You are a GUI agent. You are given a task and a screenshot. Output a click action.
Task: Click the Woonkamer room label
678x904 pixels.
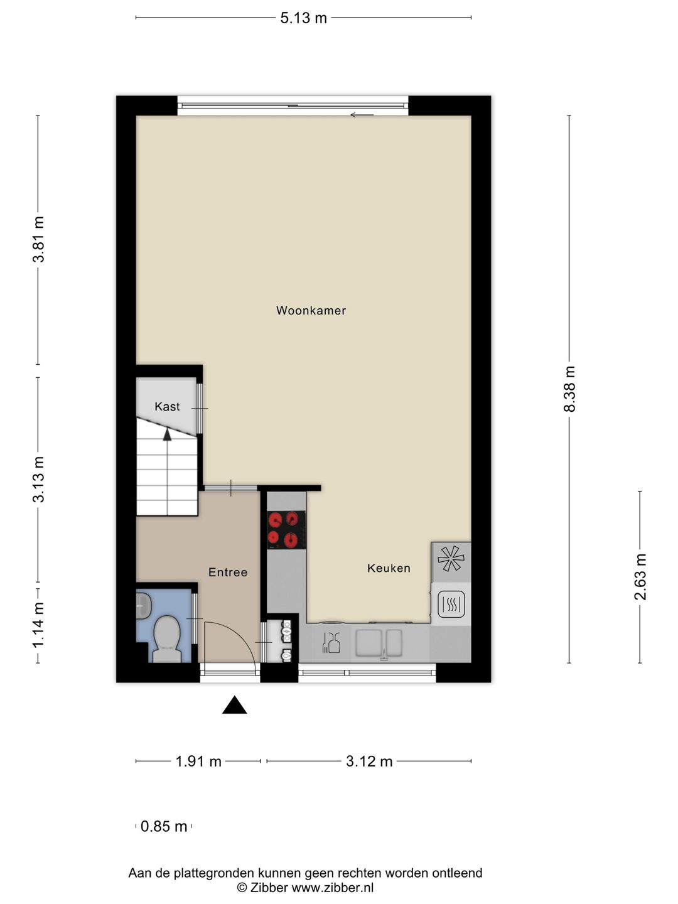click(x=311, y=311)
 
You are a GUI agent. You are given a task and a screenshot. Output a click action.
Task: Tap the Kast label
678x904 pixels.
click(x=167, y=407)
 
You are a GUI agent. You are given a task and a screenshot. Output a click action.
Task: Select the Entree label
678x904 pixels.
click(x=228, y=572)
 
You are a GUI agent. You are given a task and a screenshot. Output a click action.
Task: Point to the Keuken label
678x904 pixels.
click(x=389, y=568)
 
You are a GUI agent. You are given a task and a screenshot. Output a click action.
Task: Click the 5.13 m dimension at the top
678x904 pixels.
click(x=303, y=18)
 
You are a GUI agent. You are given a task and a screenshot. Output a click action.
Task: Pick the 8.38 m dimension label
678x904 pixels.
click(x=569, y=389)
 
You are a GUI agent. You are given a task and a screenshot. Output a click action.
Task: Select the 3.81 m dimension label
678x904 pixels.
click(x=38, y=239)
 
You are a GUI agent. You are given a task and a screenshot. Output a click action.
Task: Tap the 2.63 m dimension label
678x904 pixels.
click(x=640, y=577)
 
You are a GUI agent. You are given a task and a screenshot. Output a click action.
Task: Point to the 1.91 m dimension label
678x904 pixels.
click(x=198, y=761)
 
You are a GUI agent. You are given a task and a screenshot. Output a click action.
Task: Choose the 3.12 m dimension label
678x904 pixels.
click(x=369, y=761)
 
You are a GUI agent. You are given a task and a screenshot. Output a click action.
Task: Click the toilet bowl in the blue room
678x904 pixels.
click(x=167, y=638)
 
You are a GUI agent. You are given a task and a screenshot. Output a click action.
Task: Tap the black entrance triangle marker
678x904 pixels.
click(x=235, y=705)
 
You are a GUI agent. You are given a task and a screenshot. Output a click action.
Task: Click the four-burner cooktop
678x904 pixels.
click(x=286, y=530)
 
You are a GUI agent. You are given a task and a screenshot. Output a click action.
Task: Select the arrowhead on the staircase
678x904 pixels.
click(x=167, y=435)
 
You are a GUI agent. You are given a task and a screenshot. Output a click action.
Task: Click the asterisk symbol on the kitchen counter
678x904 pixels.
click(x=451, y=559)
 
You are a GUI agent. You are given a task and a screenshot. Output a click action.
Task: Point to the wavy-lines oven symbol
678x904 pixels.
click(x=451, y=605)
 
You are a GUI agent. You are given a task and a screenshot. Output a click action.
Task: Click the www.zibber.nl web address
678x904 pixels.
click(x=333, y=888)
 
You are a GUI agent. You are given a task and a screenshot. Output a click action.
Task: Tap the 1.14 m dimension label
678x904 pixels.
click(x=38, y=625)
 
